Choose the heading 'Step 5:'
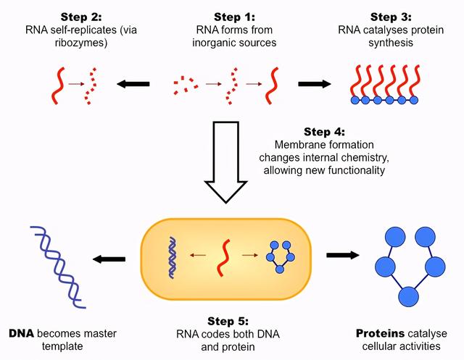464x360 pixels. tap(233, 321)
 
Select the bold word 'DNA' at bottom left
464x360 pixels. tap(22, 334)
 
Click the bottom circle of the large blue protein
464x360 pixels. tap(409, 296)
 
